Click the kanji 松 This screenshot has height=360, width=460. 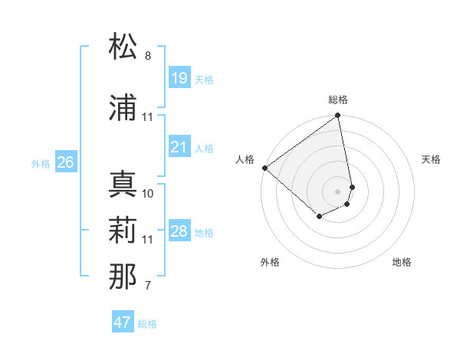123,47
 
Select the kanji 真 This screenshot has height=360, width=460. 123,185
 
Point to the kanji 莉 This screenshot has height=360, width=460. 123,231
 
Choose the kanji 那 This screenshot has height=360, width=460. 123,277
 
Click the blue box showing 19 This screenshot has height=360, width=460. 179,78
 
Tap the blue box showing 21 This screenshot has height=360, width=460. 179,147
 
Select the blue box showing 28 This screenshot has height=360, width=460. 179,231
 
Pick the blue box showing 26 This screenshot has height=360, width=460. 65,162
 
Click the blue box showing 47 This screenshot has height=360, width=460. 122,322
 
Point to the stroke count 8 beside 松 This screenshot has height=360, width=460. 148,56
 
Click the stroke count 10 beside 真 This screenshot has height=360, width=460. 148,193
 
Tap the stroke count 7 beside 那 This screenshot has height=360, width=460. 148,286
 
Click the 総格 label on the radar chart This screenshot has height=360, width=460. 338,100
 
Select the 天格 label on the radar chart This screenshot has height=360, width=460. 431,159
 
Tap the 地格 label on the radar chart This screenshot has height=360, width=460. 402,262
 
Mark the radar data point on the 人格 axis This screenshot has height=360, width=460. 264,168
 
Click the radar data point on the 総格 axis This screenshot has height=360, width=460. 338,116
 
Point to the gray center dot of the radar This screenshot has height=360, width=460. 338,191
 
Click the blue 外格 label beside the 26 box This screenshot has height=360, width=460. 41,163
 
